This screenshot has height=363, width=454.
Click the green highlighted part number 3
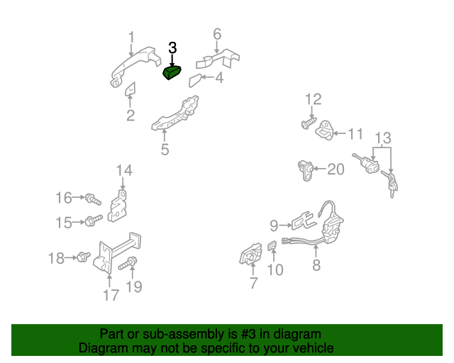pos(172,72)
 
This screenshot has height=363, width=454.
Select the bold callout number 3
pos(172,48)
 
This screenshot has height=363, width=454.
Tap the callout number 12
pos(314,99)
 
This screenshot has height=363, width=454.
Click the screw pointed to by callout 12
pos(309,123)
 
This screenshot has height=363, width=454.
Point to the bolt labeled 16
pos(93,199)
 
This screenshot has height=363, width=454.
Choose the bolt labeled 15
pos(94,220)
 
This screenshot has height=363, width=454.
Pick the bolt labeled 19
pos(128,264)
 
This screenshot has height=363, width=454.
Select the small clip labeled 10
pos(272,246)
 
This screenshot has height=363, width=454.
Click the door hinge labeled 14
pos(118,206)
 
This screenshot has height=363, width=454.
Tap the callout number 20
pos(336,169)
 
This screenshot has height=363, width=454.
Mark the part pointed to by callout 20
pos(306,170)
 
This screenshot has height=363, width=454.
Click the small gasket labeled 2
pos(131,89)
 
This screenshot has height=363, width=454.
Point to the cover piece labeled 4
pos(195,81)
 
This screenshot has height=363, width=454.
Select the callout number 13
pos(383,138)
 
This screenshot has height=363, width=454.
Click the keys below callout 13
pos(390,184)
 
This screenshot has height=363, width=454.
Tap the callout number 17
pos(111,295)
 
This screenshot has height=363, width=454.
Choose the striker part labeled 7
pos(250,254)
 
